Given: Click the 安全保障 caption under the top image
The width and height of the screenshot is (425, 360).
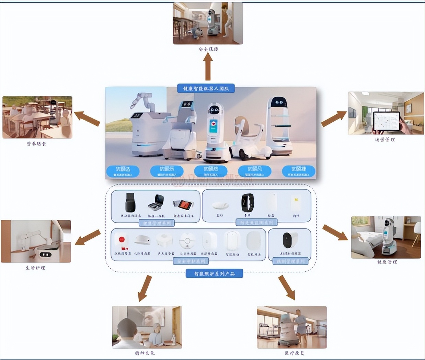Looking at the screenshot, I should tap(208, 49).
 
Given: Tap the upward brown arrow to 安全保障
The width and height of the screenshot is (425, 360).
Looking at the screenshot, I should tap(208, 67).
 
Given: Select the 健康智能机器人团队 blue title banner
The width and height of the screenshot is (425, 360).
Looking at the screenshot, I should tap(206, 89).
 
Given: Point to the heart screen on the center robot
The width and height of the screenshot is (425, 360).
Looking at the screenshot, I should tap(213, 126).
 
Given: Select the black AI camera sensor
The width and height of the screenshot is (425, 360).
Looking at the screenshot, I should tap(290, 240).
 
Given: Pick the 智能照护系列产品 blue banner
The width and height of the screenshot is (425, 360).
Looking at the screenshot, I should tap(214, 274).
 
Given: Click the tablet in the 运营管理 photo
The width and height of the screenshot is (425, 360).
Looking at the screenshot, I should tap(387, 121).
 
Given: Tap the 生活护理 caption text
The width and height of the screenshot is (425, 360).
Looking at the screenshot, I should tap(35, 268).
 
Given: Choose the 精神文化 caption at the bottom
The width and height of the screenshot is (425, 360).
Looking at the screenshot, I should tap(145, 353).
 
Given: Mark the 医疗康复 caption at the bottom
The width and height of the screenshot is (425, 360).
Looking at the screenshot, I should tap(294, 353).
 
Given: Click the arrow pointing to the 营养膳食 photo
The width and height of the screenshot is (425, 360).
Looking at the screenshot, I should tap(87, 118).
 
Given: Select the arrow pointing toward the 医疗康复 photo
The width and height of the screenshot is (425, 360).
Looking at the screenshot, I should tap(287, 287).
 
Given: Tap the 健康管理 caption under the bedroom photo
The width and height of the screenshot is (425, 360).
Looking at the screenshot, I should tap(387, 262).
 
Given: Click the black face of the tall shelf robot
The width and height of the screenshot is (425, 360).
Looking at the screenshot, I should tap(279, 102).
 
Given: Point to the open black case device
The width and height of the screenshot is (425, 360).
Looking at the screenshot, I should tap(156, 202).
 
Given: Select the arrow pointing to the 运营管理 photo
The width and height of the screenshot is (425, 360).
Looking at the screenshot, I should tap(334, 119).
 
